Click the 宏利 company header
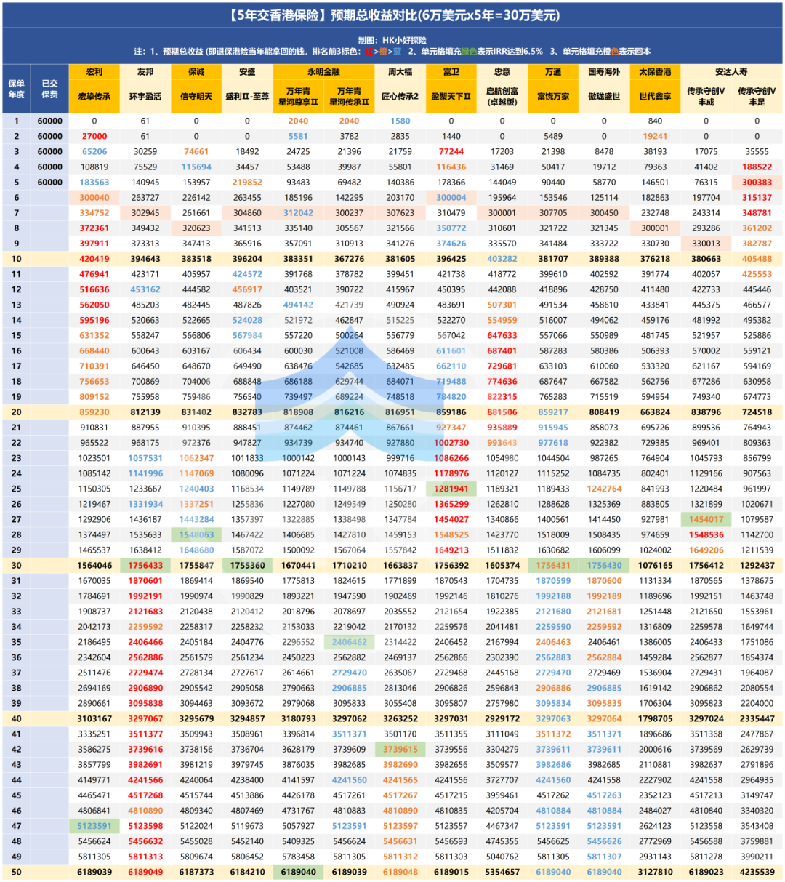(x=94, y=72)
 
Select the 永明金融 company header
(x=323, y=72)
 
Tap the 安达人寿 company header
(x=731, y=72)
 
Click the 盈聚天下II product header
(x=451, y=96)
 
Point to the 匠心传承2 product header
(x=400, y=96)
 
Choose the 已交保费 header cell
(x=49, y=89)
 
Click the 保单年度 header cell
(x=16, y=89)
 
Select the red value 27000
(x=94, y=136)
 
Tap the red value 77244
(x=451, y=151)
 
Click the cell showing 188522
(x=757, y=167)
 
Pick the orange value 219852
(x=247, y=183)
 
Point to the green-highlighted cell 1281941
(x=451, y=489)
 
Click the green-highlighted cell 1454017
(x=706, y=519)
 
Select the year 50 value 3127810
(x=655, y=872)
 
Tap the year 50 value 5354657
(x=502, y=872)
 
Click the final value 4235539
(x=757, y=872)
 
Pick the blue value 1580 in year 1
(x=400, y=121)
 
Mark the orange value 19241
(x=655, y=136)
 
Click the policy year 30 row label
(x=16, y=565)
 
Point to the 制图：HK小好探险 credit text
(x=392, y=41)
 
